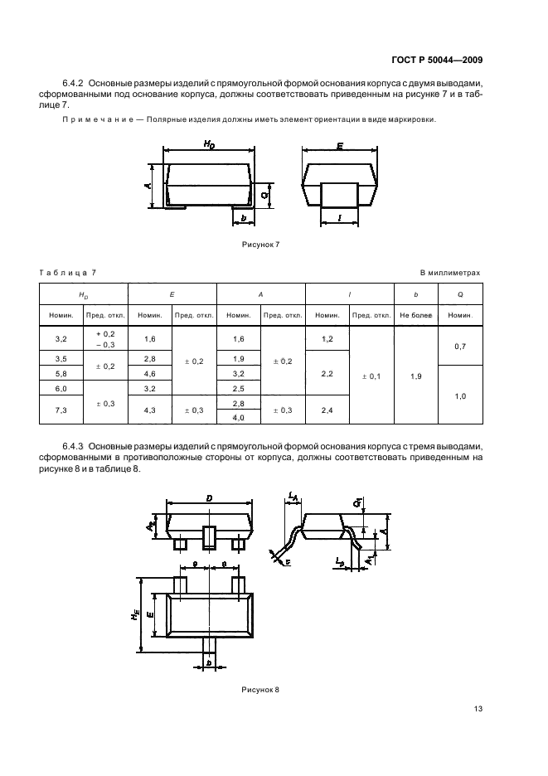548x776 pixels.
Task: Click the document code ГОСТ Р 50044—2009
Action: click(437, 61)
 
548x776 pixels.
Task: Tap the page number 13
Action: click(478, 709)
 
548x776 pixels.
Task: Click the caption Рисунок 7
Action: click(261, 245)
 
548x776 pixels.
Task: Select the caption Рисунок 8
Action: click(260, 690)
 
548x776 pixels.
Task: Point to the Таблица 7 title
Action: click(67, 273)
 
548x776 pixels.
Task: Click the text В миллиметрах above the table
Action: click(450, 273)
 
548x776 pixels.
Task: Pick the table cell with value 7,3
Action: click(61, 410)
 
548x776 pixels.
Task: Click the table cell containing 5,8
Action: click(61, 374)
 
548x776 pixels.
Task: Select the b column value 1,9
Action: click(416, 376)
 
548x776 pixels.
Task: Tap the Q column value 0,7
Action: click(460, 347)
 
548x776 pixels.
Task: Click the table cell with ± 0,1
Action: click(371, 376)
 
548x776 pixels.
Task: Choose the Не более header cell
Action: click(416, 315)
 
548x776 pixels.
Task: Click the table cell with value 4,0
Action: click(238, 418)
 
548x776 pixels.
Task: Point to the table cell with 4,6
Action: click(149, 374)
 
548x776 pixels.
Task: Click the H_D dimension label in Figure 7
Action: click(210, 144)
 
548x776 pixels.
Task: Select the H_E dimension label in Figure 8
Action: click(135, 614)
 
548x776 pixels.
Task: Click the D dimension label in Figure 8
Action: click(210, 498)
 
